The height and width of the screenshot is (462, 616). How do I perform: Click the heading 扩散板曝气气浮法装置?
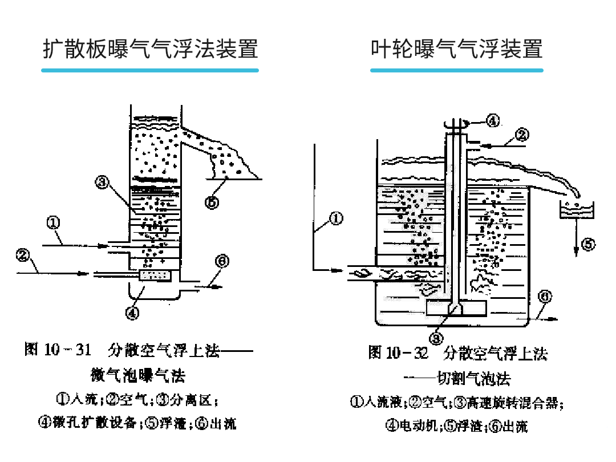pyautogui.click(x=151, y=48)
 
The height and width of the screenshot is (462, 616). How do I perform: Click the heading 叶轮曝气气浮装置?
pyautogui.click(x=456, y=48)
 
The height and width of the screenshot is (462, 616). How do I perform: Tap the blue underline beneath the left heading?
pyautogui.click(x=150, y=70)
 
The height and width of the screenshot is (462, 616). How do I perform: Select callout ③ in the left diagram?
pyautogui.click(x=102, y=182)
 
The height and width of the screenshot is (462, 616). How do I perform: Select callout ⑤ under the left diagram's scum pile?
pyautogui.click(x=212, y=201)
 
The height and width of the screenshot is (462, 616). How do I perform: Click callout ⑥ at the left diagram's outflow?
pyautogui.click(x=222, y=261)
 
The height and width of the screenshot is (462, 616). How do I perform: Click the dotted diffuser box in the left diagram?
pyautogui.click(x=155, y=275)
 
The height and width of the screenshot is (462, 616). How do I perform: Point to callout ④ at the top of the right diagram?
pyautogui.click(x=493, y=120)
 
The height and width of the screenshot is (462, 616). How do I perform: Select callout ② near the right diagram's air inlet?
pyautogui.click(x=522, y=135)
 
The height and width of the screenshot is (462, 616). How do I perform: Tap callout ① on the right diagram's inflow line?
pyautogui.click(x=337, y=218)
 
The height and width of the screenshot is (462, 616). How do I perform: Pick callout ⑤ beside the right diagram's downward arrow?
pyautogui.click(x=588, y=244)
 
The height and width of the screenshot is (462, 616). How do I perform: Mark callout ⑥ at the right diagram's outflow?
pyautogui.click(x=546, y=297)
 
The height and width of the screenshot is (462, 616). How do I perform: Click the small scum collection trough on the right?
pyautogui.click(x=578, y=210)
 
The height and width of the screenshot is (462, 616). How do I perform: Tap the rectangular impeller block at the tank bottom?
pyautogui.click(x=456, y=307)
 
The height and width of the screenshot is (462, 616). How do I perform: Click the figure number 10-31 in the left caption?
pyautogui.click(x=67, y=350)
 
